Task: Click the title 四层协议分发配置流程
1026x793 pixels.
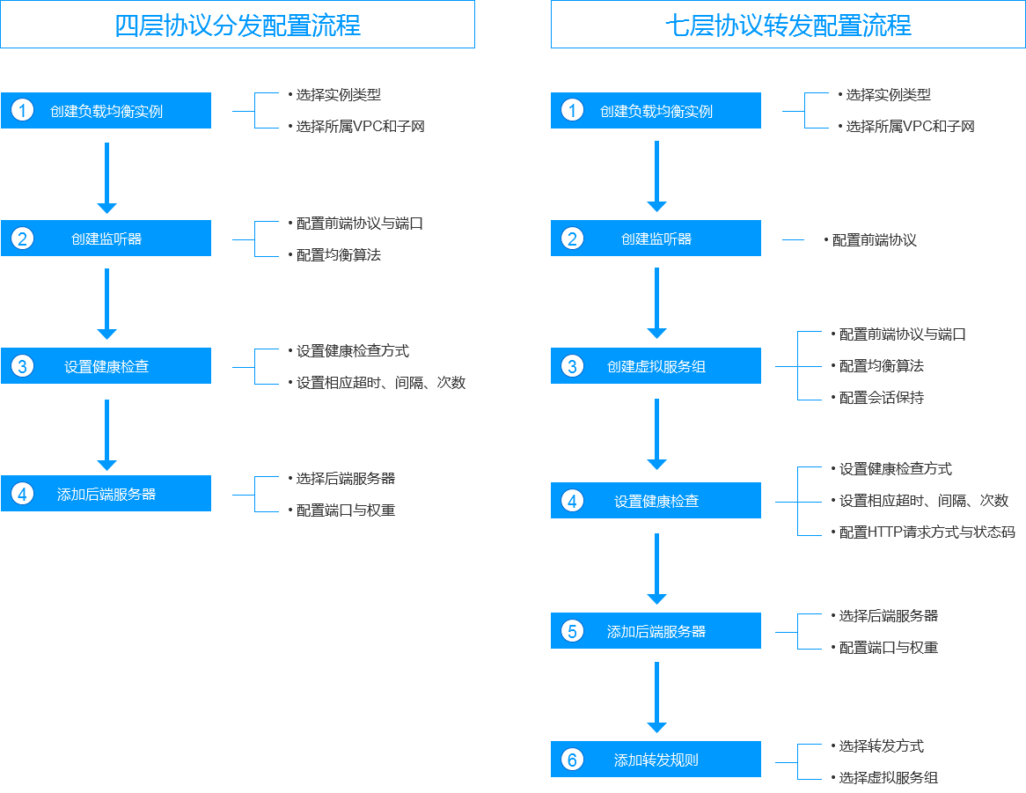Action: (x=238, y=25)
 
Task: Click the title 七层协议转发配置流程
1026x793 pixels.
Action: (x=788, y=25)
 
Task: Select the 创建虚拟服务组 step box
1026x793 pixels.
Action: (x=656, y=366)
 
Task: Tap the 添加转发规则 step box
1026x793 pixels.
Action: (x=656, y=759)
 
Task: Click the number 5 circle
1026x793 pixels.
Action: (x=573, y=631)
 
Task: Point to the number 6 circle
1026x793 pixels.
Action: (x=573, y=759)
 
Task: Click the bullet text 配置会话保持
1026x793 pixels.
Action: (x=882, y=398)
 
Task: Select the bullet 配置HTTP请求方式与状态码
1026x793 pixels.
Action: (x=927, y=532)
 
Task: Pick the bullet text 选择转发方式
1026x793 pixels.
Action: (x=882, y=745)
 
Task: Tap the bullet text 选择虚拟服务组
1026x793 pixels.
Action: (x=889, y=777)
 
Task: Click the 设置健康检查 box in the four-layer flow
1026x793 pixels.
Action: (x=106, y=366)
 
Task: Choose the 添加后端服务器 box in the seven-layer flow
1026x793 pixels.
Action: (x=656, y=631)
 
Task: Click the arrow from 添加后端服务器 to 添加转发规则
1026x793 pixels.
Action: (x=656, y=697)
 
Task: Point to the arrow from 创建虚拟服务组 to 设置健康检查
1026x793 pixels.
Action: (x=656, y=435)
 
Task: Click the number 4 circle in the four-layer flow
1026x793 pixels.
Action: (x=22, y=494)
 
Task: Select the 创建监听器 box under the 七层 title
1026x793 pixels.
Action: (x=656, y=239)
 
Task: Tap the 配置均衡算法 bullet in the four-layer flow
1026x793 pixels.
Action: (x=338, y=255)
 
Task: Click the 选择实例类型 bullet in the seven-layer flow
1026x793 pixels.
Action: (x=888, y=95)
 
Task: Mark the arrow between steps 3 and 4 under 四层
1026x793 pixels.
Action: (x=106, y=435)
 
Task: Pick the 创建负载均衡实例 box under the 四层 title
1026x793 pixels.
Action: (x=106, y=111)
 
